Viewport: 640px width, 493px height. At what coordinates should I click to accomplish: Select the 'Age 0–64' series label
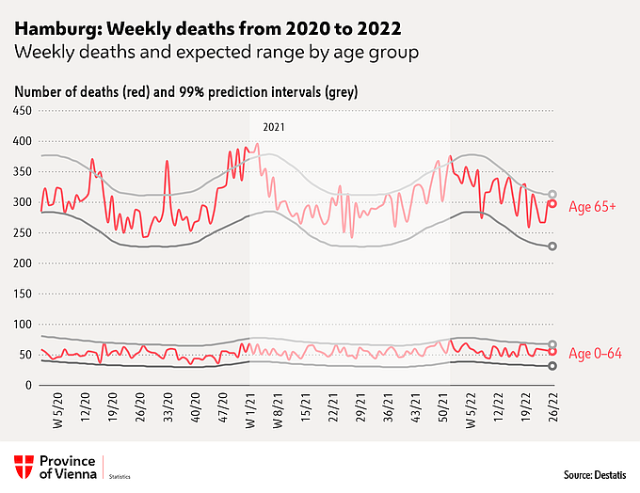598,353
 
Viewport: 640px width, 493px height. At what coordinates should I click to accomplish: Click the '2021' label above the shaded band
274,125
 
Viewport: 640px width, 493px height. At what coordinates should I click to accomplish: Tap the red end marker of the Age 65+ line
553,203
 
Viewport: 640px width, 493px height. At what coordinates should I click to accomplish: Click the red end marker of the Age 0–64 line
553,352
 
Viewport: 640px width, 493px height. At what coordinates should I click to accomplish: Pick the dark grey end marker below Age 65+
553,246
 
